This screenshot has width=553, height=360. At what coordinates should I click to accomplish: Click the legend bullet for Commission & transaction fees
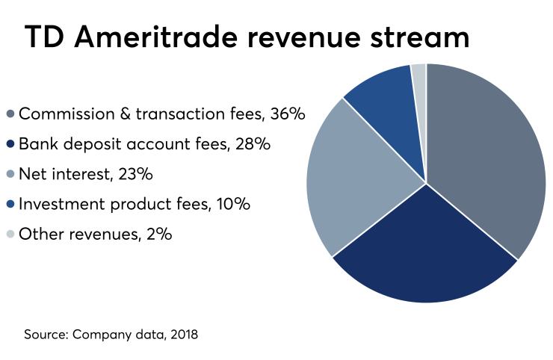pyautogui.click(x=10, y=115)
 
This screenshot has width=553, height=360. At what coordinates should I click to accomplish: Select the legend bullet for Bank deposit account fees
pyautogui.click(x=10, y=145)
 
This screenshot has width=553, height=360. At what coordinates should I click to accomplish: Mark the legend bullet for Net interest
pyautogui.click(x=10, y=175)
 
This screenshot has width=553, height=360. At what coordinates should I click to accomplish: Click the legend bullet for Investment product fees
pyautogui.click(x=10, y=205)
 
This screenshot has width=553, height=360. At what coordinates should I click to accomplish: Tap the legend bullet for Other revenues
pyautogui.click(x=10, y=235)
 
